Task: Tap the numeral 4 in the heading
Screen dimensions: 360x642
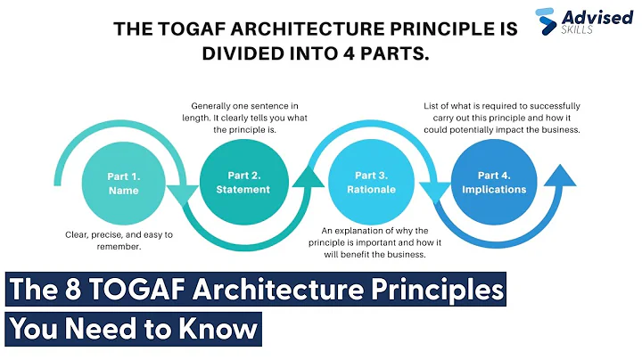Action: point(344,53)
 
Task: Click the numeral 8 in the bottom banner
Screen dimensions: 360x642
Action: point(63,292)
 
